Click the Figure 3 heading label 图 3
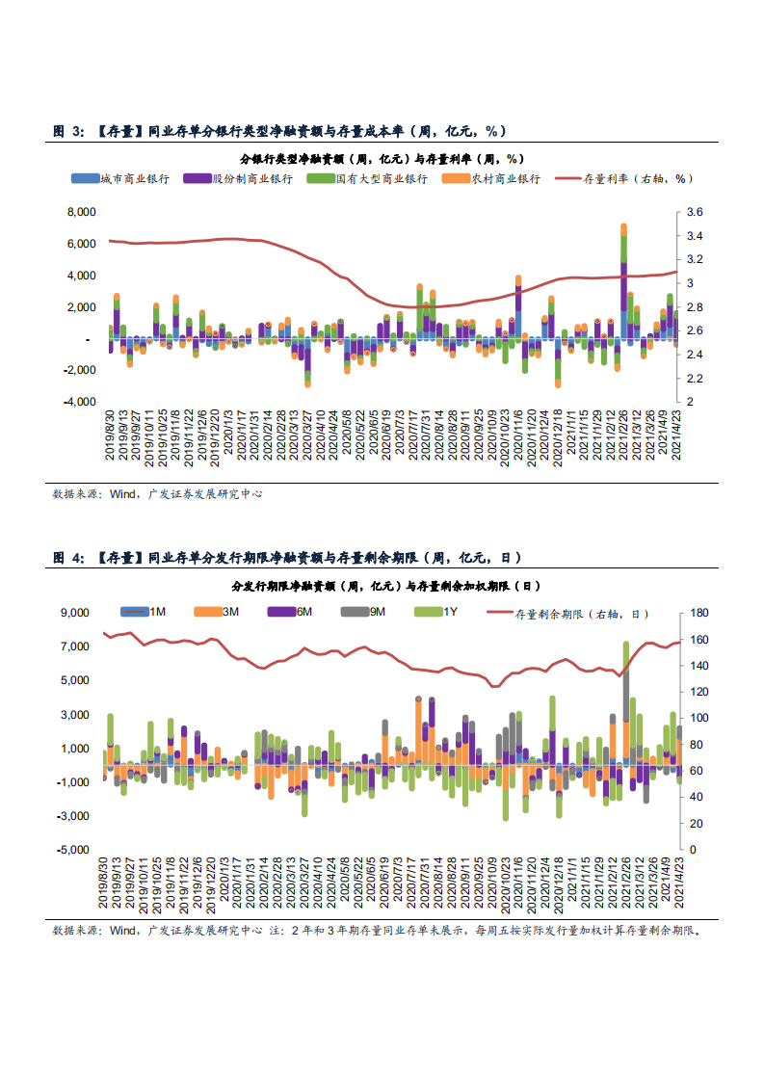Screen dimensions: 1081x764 pyautogui.click(x=68, y=131)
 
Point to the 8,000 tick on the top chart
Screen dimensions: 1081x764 pyautogui.click(x=81, y=212)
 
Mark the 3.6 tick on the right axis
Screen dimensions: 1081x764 pyautogui.click(x=696, y=212)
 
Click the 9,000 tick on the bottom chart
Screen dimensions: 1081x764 pyautogui.click(x=74, y=613)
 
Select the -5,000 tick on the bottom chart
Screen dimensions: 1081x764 pyautogui.click(x=73, y=851)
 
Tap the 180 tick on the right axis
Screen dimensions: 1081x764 pyautogui.click(x=699, y=613)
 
